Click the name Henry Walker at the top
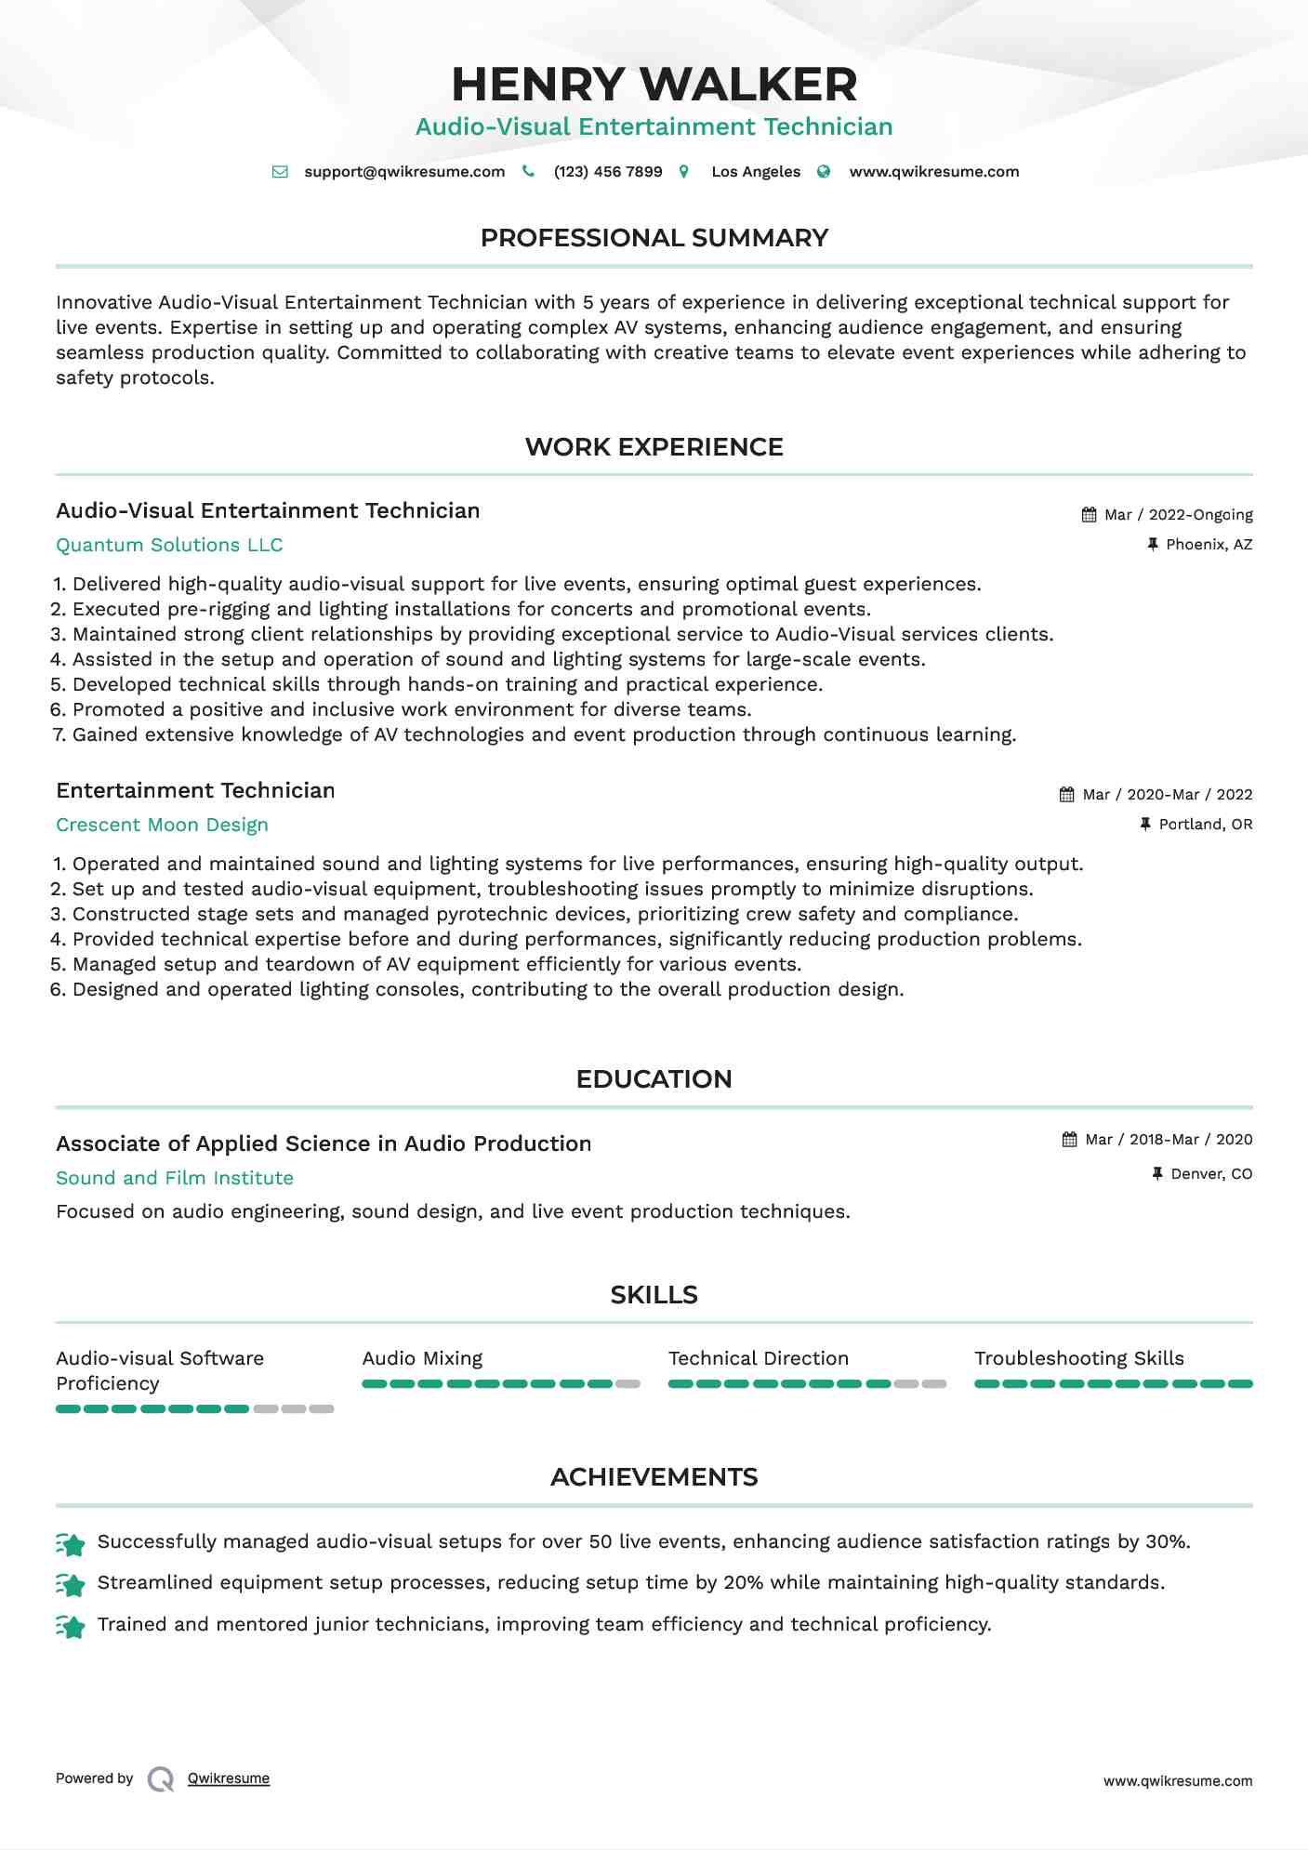click(x=654, y=85)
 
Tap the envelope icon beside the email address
click(x=280, y=172)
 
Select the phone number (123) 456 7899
click(x=608, y=172)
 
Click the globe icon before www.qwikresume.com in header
click(x=824, y=172)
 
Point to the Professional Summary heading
click(x=654, y=238)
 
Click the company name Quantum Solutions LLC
click(x=169, y=546)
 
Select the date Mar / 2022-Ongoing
click(x=1178, y=515)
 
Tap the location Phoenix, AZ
click(x=1209, y=545)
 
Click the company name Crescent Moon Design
click(x=162, y=826)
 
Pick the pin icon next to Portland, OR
click(x=1145, y=825)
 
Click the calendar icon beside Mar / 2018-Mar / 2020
click(x=1070, y=1140)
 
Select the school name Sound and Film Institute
click(x=175, y=1179)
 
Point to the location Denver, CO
click(x=1211, y=1174)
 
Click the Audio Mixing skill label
click(x=422, y=1359)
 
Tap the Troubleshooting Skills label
click(x=1079, y=1359)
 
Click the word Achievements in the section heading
click(x=654, y=1477)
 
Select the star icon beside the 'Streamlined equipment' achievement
click(x=71, y=1584)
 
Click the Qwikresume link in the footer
click(x=229, y=1778)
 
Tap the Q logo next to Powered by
click(x=161, y=1779)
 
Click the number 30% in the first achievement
click(x=1167, y=1542)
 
